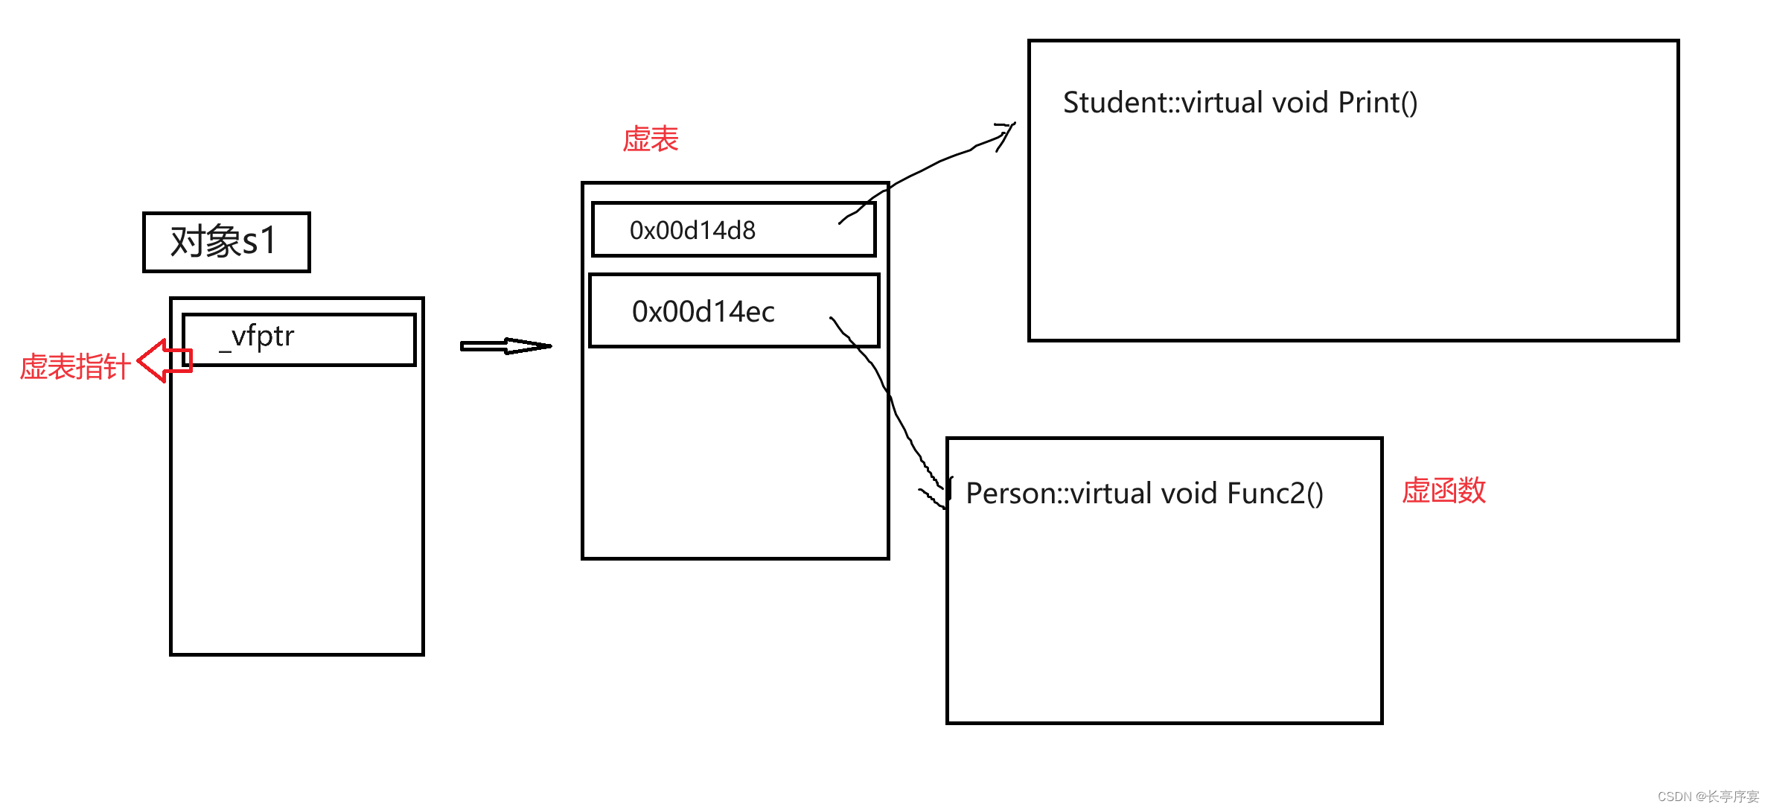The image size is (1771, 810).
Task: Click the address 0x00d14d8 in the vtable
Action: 692,231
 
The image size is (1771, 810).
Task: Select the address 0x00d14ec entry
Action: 703,312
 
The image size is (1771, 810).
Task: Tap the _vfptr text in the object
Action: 258,337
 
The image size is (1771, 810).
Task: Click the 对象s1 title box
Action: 226,242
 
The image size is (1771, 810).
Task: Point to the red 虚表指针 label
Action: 74,367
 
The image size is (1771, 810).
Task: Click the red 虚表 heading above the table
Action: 651,139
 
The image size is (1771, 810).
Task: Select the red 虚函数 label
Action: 1443,491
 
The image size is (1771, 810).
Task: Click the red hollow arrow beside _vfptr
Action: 164,361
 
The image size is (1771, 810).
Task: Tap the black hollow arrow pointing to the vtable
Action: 506,346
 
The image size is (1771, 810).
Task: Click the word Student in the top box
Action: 1114,103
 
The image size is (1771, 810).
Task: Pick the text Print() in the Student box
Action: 1377,103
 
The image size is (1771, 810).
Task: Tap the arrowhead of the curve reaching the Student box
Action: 1006,132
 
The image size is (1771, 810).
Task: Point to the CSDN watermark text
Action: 1708,796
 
